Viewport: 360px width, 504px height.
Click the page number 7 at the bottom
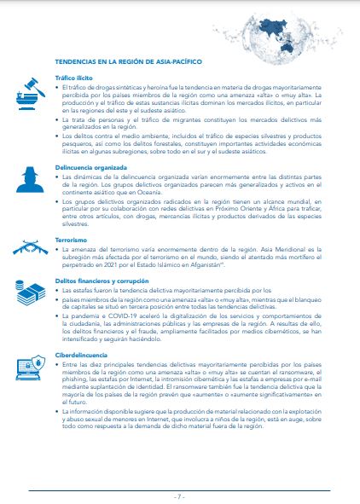point(180,495)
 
